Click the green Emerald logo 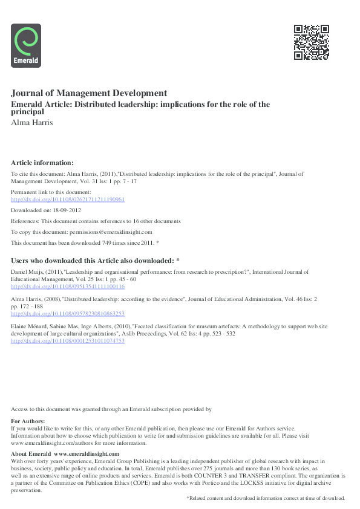click(x=26, y=45)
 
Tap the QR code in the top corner click(x=311, y=42)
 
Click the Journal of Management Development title click(x=89, y=93)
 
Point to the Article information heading click(x=42, y=163)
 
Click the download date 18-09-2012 click(x=68, y=210)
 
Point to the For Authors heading click(x=28, y=421)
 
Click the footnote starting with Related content click(x=266, y=498)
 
